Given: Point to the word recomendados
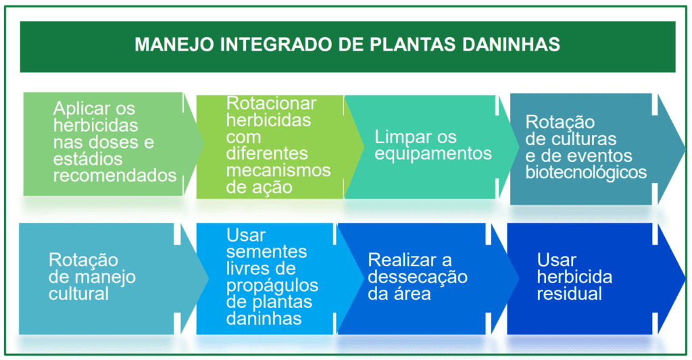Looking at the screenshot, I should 114,176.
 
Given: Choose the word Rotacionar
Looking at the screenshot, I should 271,103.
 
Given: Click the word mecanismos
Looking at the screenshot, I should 278,170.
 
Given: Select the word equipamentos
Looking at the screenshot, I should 432,154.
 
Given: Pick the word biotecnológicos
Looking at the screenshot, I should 586,173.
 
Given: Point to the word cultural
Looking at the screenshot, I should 78,294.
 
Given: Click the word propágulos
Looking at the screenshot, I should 272,285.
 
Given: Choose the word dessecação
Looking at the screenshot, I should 418,277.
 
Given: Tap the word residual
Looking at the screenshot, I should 569,294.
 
